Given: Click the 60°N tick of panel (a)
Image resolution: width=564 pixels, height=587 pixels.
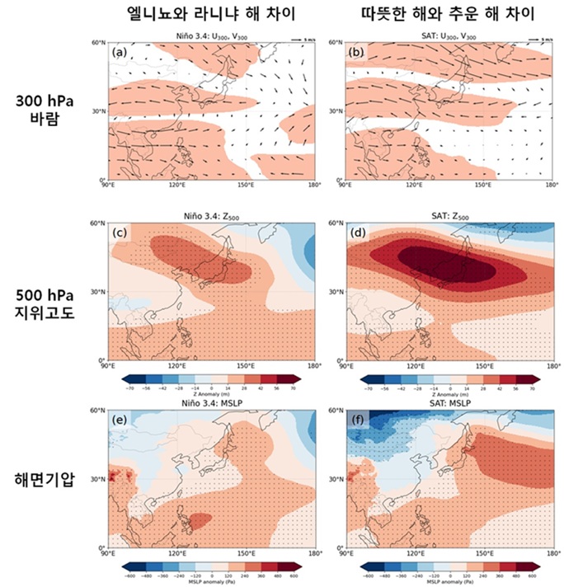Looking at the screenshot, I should point(100,42).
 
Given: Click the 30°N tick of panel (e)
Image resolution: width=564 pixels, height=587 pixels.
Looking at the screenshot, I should point(100,479).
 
